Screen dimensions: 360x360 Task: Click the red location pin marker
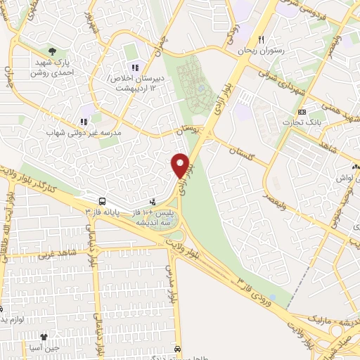[x=181, y=165]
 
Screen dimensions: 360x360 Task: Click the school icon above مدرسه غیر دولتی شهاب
[x=84, y=121]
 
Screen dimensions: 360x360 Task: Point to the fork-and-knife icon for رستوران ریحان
[x=262, y=40]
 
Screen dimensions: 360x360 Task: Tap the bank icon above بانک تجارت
[x=302, y=112]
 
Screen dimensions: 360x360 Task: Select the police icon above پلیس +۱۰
[x=153, y=202]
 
